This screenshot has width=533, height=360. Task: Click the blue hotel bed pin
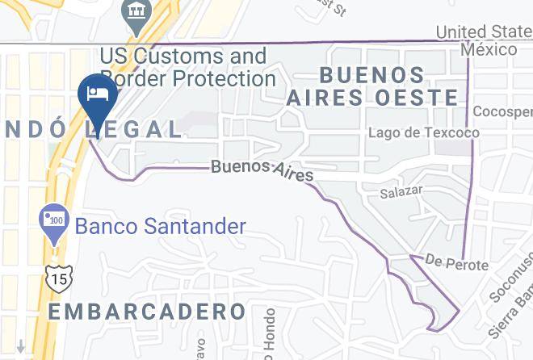[98, 94]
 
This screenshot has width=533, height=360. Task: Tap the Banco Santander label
[160, 226]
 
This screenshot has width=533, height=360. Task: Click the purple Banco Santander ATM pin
[54, 220]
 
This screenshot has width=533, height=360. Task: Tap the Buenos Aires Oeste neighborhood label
[372, 86]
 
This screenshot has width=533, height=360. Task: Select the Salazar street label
[402, 194]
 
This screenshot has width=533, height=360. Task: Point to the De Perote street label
[456, 265]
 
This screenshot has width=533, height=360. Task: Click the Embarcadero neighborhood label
[147, 312]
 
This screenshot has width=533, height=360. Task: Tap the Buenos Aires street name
[262, 170]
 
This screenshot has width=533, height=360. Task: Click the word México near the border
[489, 49]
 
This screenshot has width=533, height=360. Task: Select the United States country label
[484, 32]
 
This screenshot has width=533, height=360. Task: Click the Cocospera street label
[503, 111]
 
